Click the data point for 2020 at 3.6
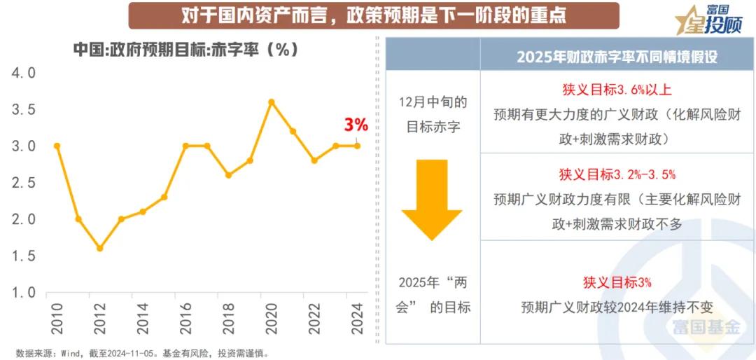[272, 102]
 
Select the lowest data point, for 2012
[99, 248]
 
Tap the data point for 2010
[57, 146]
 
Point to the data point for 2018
[228, 175]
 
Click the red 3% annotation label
[356, 125]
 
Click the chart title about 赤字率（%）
[185, 50]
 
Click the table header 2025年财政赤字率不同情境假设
[617, 57]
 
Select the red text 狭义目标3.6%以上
[617, 90]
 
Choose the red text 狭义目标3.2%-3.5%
[617, 174]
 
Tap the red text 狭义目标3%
[617, 282]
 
